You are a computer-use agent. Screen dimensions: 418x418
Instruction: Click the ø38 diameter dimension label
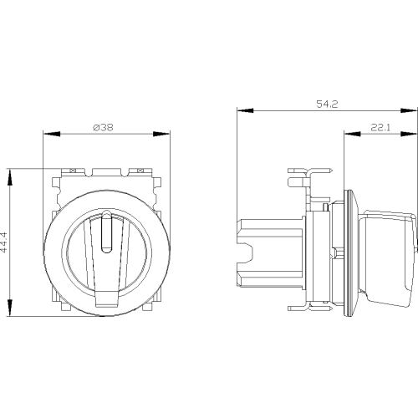click(103, 127)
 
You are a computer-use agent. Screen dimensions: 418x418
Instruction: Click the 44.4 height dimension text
click(3, 242)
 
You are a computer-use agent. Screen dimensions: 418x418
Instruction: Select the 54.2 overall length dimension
click(327, 104)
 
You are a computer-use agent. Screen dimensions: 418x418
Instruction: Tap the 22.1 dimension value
click(380, 127)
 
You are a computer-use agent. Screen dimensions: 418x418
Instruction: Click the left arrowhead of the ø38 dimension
click(52, 134)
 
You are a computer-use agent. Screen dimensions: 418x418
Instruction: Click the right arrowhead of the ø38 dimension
click(161, 134)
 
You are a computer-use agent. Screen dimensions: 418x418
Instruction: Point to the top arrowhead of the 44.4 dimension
click(10, 177)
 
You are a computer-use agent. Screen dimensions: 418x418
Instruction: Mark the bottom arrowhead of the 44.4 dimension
click(10, 308)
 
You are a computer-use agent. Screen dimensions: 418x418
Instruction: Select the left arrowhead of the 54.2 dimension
click(245, 110)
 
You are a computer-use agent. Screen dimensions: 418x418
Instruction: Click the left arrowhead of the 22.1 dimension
click(352, 134)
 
